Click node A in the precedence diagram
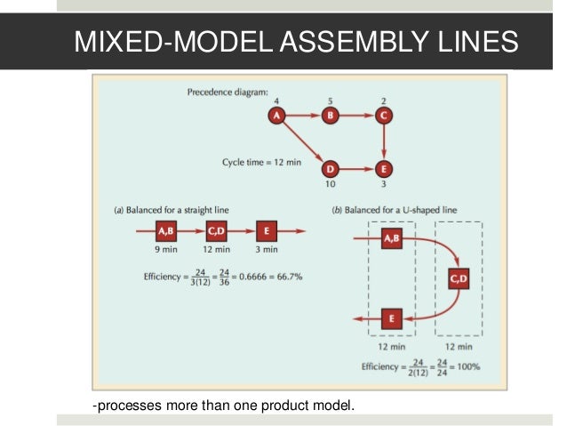(277, 115)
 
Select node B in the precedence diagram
(331, 115)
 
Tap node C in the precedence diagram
(383, 115)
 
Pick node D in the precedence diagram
(331, 168)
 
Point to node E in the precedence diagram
(383, 168)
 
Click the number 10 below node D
(331, 185)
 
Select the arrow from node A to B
(304, 115)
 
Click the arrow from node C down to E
(383, 141)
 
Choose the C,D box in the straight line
(218, 232)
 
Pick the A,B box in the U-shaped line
(390, 238)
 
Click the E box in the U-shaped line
(391, 317)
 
